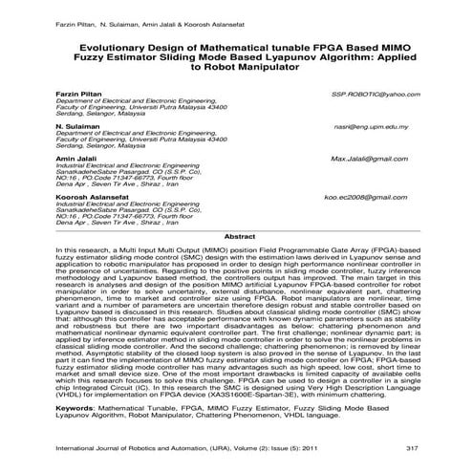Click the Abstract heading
click(237, 235)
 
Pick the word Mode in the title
click(226, 57)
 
